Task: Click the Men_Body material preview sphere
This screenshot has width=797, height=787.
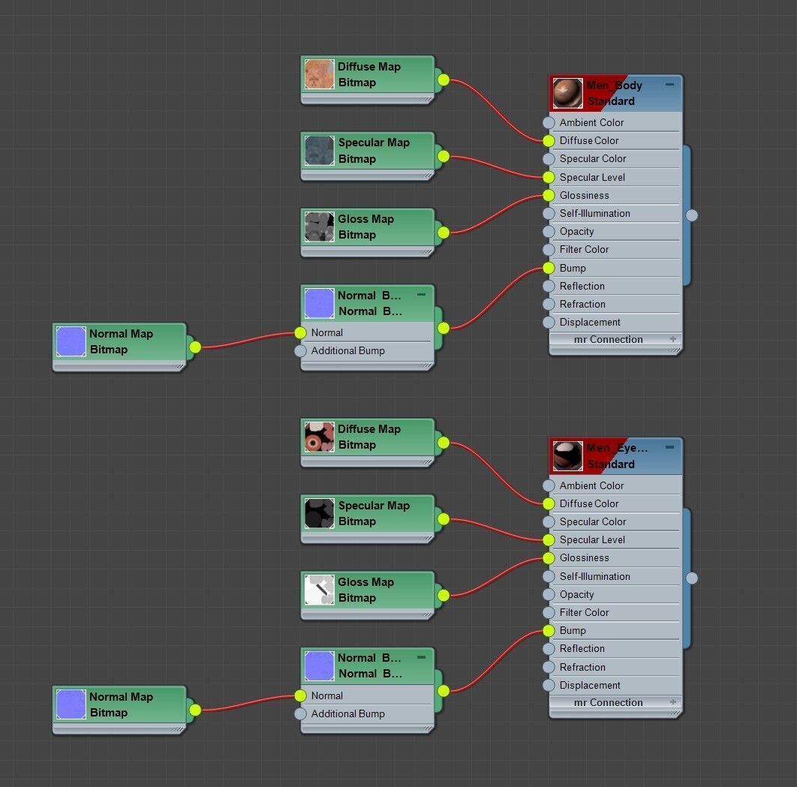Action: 567,93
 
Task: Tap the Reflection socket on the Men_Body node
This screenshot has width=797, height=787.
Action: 549,286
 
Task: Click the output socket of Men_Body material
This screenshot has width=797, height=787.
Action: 692,215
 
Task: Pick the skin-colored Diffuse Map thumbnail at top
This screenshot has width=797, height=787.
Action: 319,74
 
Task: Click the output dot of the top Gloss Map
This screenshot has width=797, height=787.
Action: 444,233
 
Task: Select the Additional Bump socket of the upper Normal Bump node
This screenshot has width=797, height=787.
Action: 301,350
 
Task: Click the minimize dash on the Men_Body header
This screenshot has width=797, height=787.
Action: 669,85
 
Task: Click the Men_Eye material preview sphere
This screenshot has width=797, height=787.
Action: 567,456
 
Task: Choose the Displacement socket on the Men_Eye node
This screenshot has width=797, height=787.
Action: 549,685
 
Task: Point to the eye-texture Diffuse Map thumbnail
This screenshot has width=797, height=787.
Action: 319,437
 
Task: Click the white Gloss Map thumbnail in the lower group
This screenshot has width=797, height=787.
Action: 319,590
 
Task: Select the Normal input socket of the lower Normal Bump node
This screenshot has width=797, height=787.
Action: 301,695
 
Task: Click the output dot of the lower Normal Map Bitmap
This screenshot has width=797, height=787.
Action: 195,710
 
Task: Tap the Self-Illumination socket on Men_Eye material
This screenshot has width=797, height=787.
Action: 549,576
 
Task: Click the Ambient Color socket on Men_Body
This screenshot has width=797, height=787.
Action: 549,122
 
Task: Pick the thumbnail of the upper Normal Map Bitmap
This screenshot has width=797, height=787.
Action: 71,341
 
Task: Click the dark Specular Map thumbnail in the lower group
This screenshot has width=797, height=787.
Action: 319,513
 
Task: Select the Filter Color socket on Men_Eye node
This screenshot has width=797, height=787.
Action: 549,612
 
